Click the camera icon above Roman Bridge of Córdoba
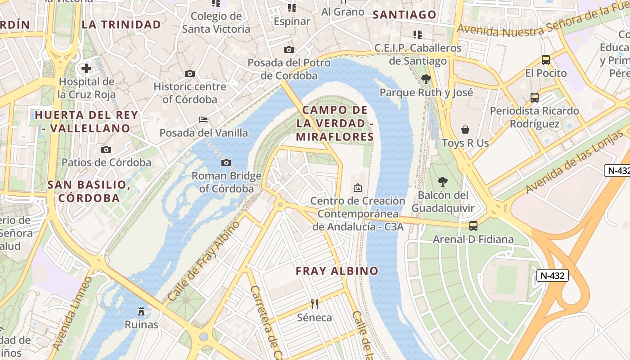click(x=226, y=162)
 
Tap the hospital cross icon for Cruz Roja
click(x=86, y=68)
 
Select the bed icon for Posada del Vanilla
click(x=203, y=120)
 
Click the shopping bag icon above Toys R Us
click(x=465, y=130)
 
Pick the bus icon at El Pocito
click(x=546, y=59)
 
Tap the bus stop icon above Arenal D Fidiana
click(x=473, y=226)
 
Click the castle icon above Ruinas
click(x=141, y=311)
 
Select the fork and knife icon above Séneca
click(x=315, y=304)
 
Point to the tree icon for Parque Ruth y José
click(x=426, y=79)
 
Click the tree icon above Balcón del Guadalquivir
click(x=443, y=182)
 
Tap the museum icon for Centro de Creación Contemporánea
click(x=358, y=187)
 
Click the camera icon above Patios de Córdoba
click(x=106, y=149)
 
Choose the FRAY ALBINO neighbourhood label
click(x=337, y=271)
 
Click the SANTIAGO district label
click(x=405, y=15)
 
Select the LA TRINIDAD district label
click(x=121, y=24)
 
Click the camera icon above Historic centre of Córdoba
click(x=190, y=73)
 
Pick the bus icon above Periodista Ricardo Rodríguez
click(x=535, y=97)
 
